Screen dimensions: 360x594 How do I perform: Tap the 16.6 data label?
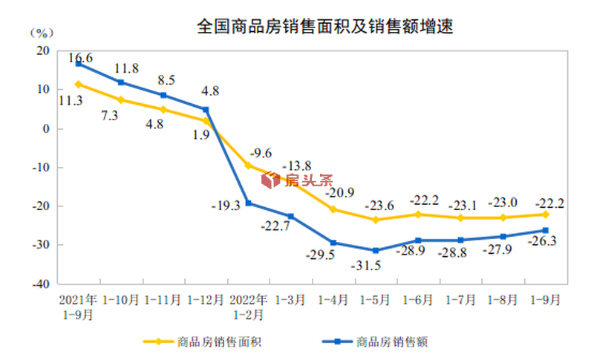[x=80, y=57]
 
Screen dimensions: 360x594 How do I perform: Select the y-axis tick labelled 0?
[x=47, y=128]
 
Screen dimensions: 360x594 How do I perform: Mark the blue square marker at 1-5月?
[x=376, y=250]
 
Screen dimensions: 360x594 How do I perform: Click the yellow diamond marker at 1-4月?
[x=333, y=209]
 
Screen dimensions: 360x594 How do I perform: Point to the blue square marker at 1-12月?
[x=206, y=110]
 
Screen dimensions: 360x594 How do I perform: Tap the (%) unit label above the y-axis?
[x=42, y=33]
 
